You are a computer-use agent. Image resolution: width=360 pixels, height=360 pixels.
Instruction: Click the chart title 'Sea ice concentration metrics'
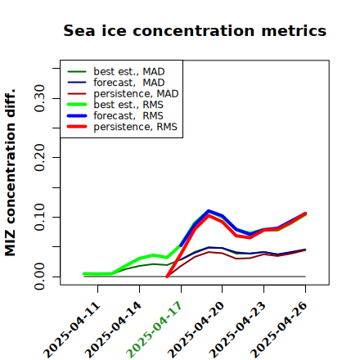click(195, 30)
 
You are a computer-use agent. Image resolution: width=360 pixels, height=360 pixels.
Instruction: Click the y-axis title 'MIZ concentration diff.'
click(10, 173)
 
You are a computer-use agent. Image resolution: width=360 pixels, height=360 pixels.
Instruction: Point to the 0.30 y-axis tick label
click(40, 98)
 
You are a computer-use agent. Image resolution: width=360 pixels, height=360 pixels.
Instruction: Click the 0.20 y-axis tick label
click(40, 157)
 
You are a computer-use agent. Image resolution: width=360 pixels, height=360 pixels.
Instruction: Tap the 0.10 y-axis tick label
click(40, 217)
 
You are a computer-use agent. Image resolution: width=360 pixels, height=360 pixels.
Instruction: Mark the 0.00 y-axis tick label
click(40, 277)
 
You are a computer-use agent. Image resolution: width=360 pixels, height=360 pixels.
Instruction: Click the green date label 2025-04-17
click(155, 329)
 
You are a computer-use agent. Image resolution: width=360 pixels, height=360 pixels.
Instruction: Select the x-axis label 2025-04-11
click(72, 330)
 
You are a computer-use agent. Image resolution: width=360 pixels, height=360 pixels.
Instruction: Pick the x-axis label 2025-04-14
click(114, 330)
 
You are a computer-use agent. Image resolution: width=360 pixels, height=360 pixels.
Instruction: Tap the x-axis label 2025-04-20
click(196, 330)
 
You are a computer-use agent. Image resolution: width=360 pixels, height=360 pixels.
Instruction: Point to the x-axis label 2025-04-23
click(237, 330)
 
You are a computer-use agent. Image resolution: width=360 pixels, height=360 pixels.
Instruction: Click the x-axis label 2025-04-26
click(279, 330)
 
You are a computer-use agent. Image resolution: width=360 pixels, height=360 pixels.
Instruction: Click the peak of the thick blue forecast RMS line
click(209, 211)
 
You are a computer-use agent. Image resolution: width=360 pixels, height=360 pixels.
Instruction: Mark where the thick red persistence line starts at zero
click(167, 277)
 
